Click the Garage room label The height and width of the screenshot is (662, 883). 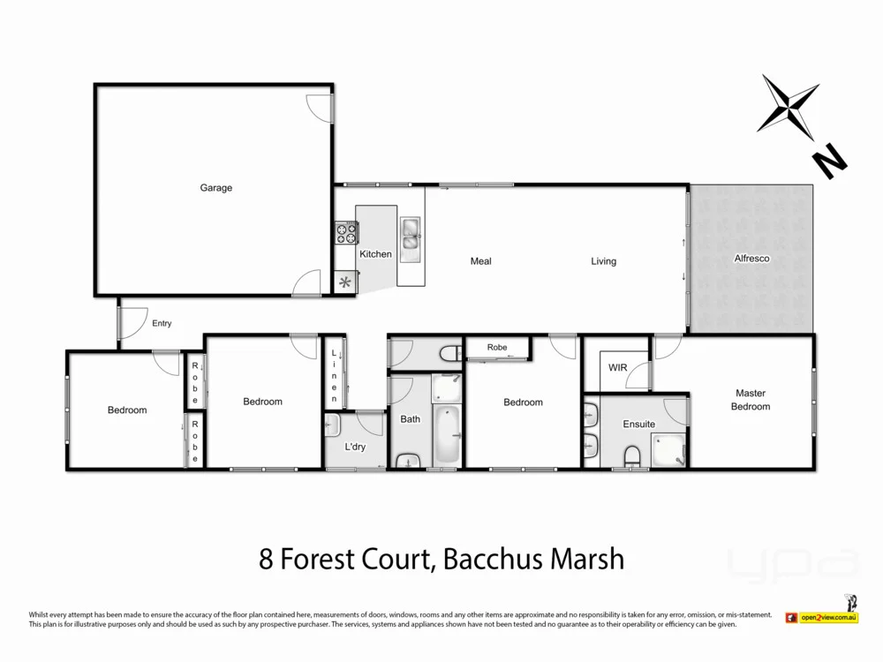(x=215, y=188)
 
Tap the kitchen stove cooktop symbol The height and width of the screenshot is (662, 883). (x=345, y=233)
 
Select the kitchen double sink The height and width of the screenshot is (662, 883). (x=411, y=236)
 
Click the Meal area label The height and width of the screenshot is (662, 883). (x=480, y=261)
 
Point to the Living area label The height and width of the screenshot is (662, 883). (x=604, y=261)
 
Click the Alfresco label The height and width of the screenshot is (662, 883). (x=752, y=259)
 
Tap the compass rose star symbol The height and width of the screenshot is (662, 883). (x=789, y=106)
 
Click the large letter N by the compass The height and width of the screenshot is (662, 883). (x=829, y=162)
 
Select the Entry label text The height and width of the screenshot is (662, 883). (x=162, y=324)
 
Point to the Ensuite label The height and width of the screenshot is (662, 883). (x=638, y=425)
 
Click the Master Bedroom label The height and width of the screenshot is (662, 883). (x=751, y=400)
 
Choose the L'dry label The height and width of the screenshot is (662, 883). (x=355, y=448)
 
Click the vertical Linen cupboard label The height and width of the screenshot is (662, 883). (x=335, y=376)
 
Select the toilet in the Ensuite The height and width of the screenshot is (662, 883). (x=631, y=455)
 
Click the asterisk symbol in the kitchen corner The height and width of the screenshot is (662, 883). (x=345, y=283)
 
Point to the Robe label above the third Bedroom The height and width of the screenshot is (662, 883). (x=497, y=348)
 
